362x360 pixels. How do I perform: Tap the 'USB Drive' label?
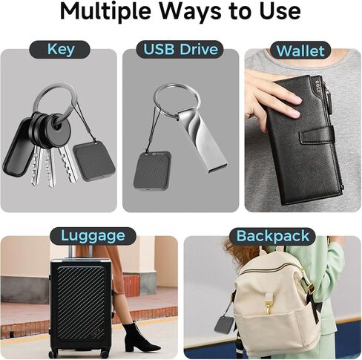click(x=180, y=50)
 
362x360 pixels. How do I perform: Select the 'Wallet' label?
click(x=300, y=51)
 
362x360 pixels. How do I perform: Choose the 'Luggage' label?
click(x=92, y=236)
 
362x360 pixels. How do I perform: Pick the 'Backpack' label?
click(x=272, y=236)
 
